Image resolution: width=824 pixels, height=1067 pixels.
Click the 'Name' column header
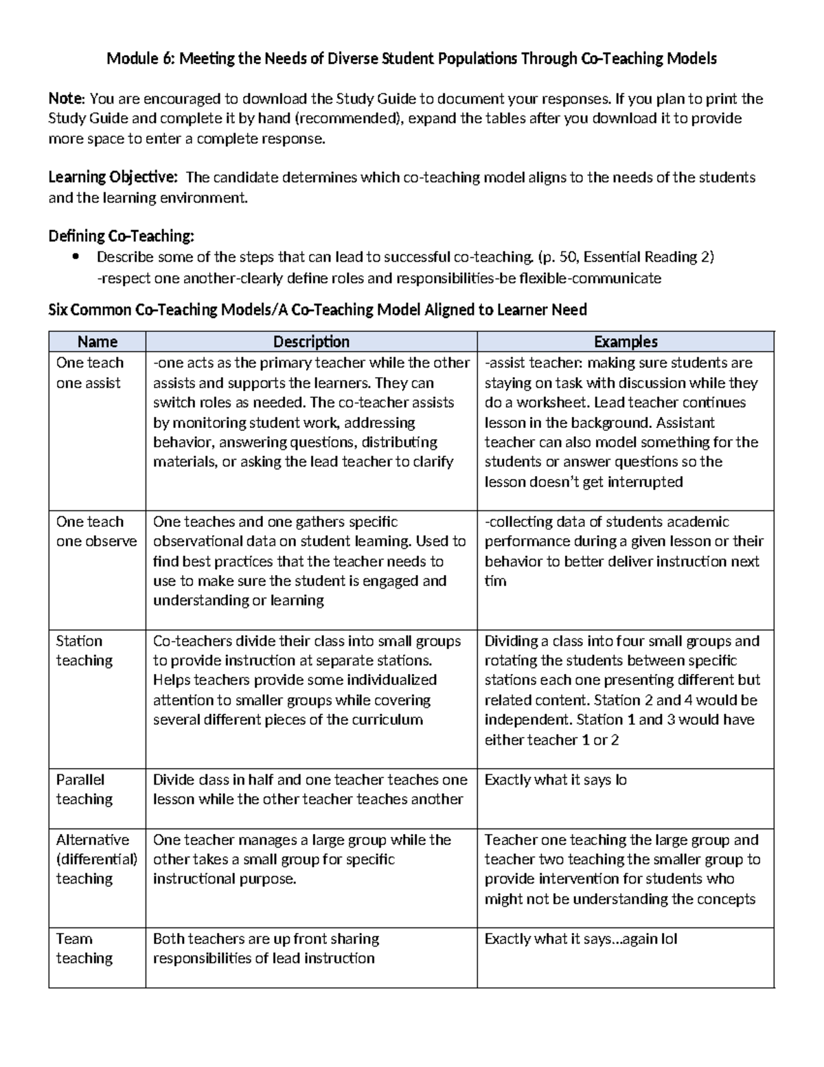[x=97, y=341]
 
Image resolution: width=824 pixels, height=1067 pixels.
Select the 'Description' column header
[x=311, y=341]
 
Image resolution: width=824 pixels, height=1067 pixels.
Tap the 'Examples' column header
[x=626, y=341]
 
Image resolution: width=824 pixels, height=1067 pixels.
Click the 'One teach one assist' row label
[x=90, y=372]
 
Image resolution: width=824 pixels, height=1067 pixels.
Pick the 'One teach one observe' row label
[x=96, y=531]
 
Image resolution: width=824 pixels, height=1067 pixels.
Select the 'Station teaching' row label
[x=84, y=651]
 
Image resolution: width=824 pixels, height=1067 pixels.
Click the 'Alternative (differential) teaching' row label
[x=96, y=859]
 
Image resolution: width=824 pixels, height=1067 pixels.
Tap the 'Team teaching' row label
[x=84, y=948]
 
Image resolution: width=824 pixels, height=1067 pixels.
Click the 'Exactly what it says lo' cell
[x=556, y=780]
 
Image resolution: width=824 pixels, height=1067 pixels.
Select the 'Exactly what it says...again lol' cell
[x=581, y=939]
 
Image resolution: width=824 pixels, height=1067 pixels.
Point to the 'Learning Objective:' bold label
[x=113, y=178]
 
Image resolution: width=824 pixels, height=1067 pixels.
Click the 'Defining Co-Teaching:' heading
[x=121, y=236]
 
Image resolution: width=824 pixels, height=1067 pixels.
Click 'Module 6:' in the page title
[x=140, y=59]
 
